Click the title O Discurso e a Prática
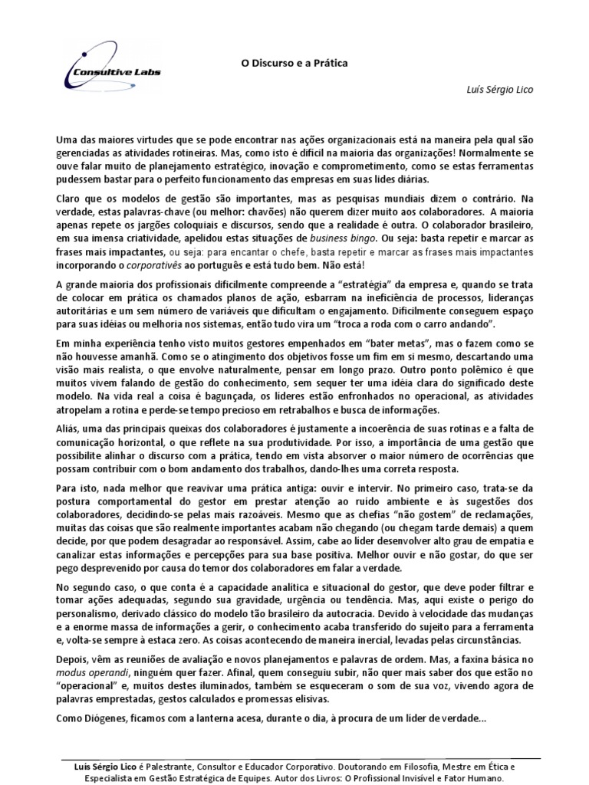point(294,63)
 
